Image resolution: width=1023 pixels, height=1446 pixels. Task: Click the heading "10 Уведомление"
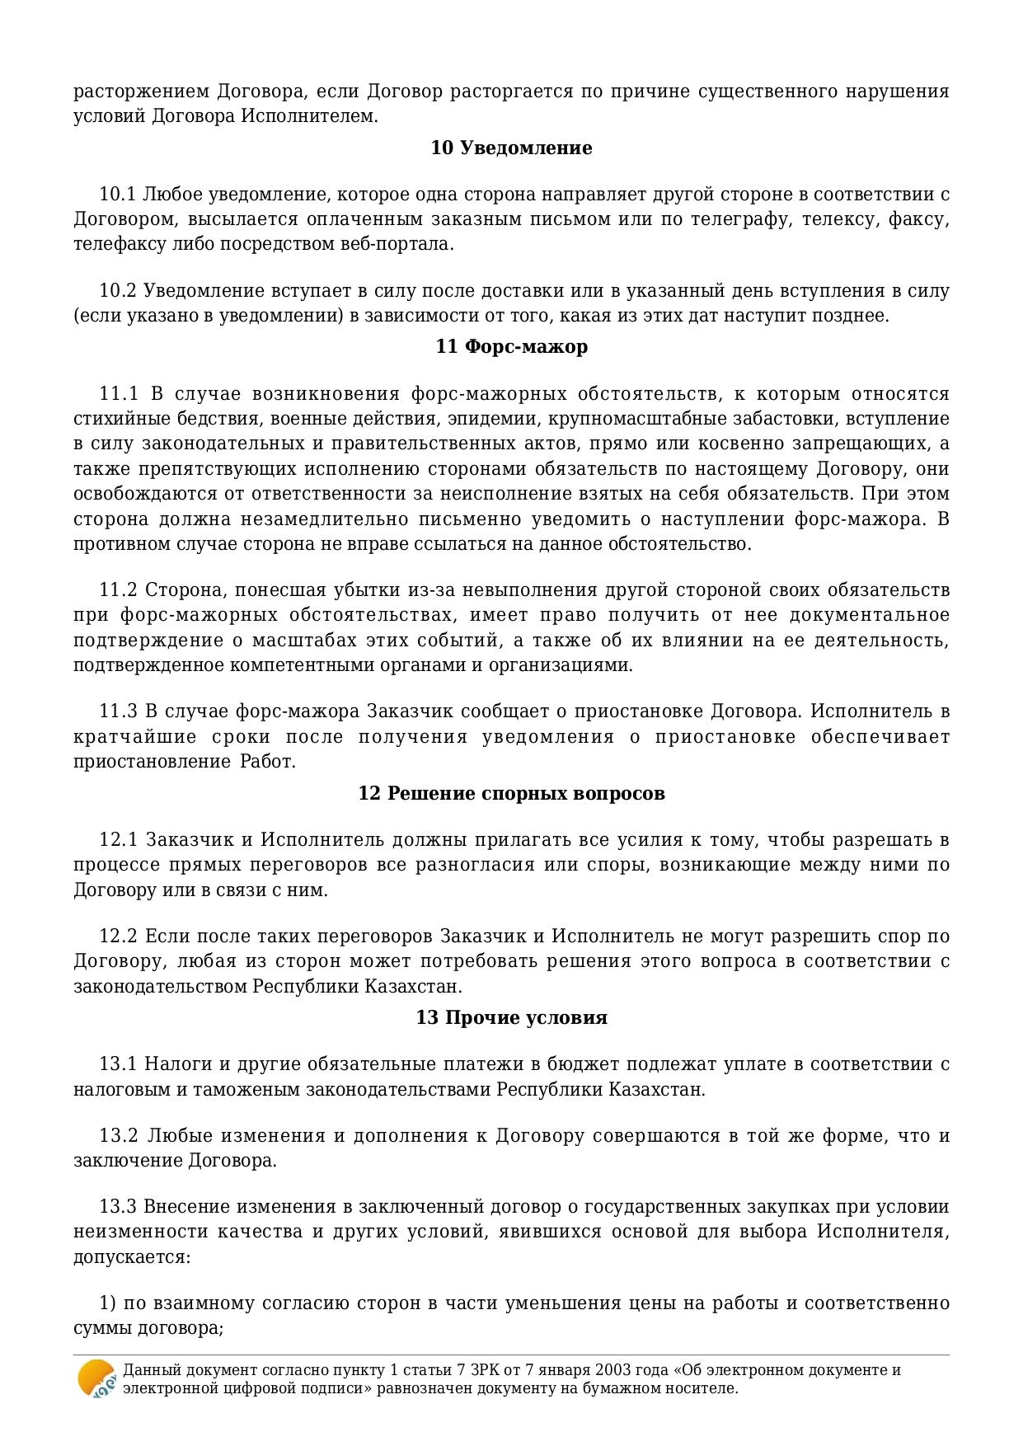click(x=511, y=148)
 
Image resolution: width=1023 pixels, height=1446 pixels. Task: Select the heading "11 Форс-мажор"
click(x=511, y=347)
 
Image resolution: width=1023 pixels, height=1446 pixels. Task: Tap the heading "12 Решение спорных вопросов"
click(x=511, y=794)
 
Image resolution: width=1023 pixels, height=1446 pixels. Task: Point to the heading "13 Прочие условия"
click(x=511, y=1018)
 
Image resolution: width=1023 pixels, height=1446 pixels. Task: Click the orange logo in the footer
click(x=96, y=1378)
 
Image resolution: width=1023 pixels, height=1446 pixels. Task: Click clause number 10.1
click(x=117, y=195)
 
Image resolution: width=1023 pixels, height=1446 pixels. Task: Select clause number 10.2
click(x=117, y=291)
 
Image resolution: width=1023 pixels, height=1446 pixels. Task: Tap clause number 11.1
click(x=117, y=394)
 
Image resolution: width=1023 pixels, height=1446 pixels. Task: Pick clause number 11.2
click(x=117, y=590)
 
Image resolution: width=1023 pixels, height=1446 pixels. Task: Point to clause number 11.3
click(x=117, y=711)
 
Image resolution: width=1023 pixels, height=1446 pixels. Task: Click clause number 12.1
click(x=117, y=840)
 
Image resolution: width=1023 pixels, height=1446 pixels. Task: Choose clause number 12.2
click(x=117, y=937)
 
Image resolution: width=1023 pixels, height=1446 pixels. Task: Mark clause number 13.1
click(x=117, y=1064)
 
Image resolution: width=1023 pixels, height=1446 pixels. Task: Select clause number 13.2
click(x=117, y=1136)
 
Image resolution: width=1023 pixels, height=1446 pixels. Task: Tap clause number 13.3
click(x=117, y=1208)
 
